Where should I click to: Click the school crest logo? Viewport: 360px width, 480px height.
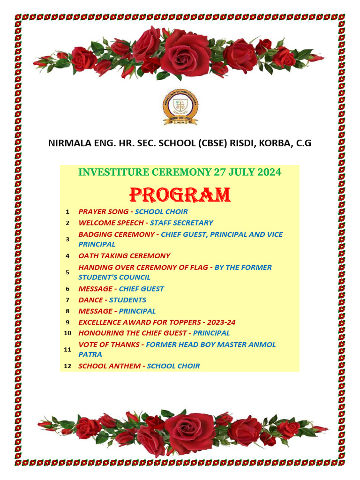pyautogui.click(x=180, y=107)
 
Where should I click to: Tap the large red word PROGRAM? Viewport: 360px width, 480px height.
pyautogui.click(x=180, y=195)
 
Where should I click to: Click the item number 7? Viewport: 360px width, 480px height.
pyautogui.click(x=67, y=300)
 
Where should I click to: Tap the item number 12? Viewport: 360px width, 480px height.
pyautogui.click(x=67, y=366)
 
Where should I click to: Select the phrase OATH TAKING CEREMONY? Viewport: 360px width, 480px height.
pyautogui.click(x=124, y=256)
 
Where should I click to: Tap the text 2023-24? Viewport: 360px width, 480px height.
pyautogui.click(x=220, y=322)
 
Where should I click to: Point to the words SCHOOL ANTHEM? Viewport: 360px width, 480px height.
pyautogui.click(x=109, y=366)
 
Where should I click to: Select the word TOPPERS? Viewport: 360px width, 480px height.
pyautogui.click(x=183, y=322)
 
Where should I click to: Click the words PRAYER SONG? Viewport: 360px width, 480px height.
pyautogui.click(x=103, y=211)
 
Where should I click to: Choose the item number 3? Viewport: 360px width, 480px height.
pyautogui.click(x=67, y=239)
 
